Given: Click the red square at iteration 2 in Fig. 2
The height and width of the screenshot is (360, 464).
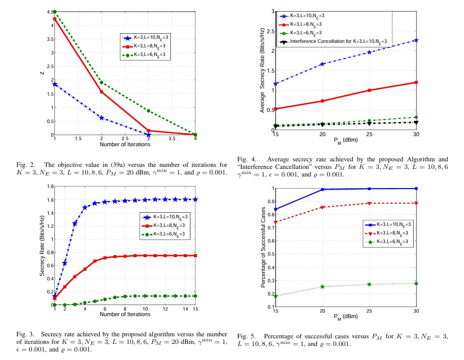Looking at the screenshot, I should tap(102, 92).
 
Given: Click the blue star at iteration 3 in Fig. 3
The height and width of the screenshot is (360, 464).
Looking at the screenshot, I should tap(75, 223).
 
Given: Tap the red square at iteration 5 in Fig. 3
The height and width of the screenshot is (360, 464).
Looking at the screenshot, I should tap(95, 261).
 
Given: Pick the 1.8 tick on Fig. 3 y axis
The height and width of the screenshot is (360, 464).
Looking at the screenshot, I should tap(49, 187).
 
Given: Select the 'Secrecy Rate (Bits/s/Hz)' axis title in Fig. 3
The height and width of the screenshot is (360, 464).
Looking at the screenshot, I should tap(42, 246).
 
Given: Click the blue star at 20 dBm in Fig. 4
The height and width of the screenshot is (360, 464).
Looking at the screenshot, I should tap(322, 64).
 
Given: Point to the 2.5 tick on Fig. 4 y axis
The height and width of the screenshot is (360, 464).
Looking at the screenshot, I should tap(271, 31).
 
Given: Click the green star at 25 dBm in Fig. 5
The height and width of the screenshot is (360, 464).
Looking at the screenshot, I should tap(369, 284).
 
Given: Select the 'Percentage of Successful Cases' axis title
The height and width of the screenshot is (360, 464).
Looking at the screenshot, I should tap(263, 248).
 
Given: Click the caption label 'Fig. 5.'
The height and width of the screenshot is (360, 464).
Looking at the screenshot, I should tap(244, 335).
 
